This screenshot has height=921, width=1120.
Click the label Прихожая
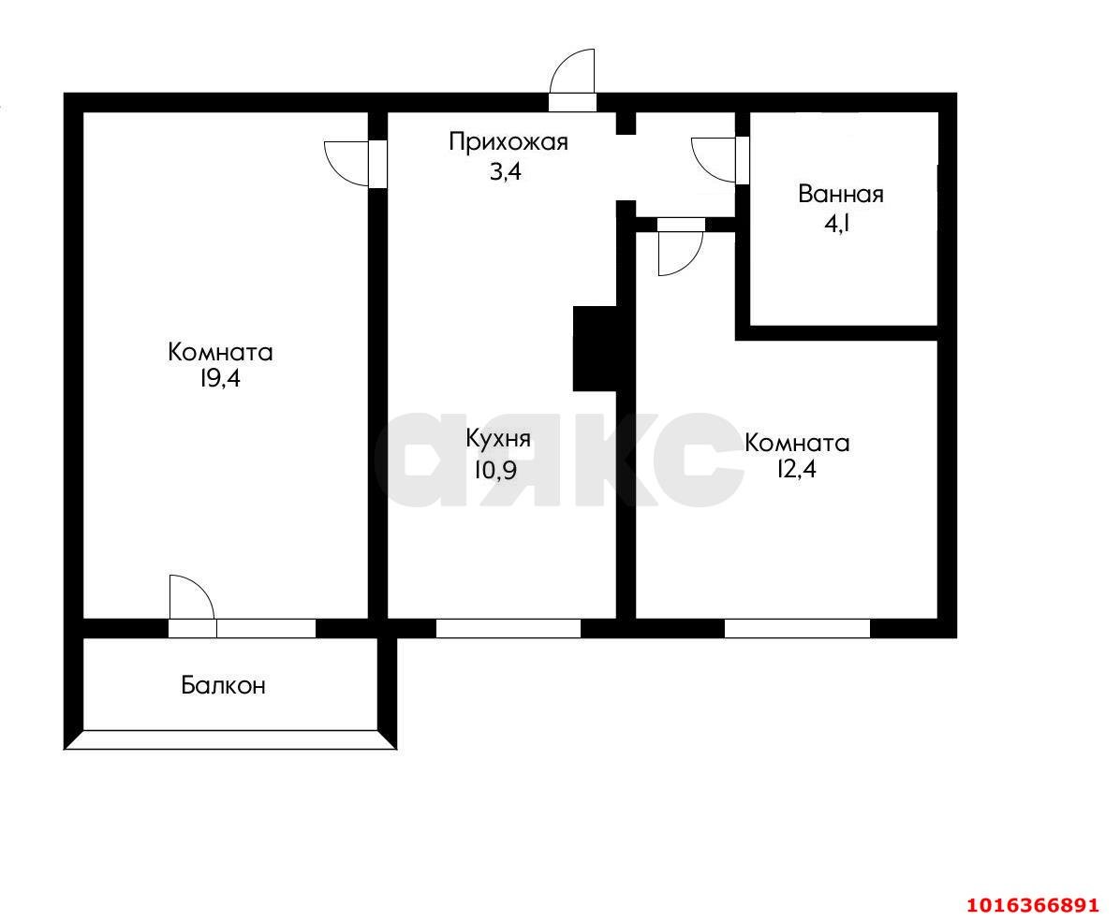tap(508, 142)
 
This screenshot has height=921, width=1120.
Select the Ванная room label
tap(840, 195)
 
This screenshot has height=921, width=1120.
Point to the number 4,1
tap(840, 223)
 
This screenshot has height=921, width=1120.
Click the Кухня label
tap(499, 439)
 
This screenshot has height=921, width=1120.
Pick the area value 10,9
tap(494, 469)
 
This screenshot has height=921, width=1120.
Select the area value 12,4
tap(796, 470)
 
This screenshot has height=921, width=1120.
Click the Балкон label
tap(223, 686)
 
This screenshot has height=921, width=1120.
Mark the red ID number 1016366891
tap(1031, 905)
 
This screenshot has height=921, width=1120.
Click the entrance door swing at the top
tap(574, 73)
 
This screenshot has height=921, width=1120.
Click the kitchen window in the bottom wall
tap(508, 629)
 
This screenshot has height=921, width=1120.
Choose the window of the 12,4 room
tap(797, 629)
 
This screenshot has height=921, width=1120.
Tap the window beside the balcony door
tap(266, 629)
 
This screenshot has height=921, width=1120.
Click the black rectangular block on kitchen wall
tap(595, 348)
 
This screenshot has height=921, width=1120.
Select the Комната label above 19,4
tap(220, 353)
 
